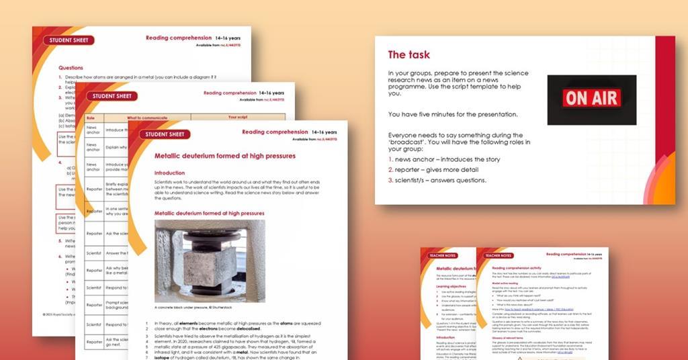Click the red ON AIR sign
(591, 99)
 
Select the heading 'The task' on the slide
(408, 54)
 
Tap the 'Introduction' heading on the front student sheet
(169, 173)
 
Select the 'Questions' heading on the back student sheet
(71, 68)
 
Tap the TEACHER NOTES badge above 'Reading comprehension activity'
(499, 255)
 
